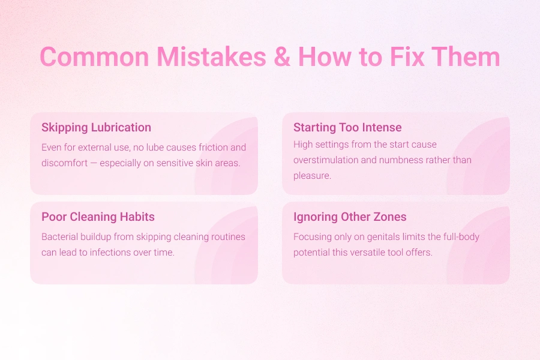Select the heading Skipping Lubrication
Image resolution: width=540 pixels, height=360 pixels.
pos(96,127)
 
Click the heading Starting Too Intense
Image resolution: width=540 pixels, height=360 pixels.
pos(347,127)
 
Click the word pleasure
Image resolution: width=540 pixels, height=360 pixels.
pos(312,176)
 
